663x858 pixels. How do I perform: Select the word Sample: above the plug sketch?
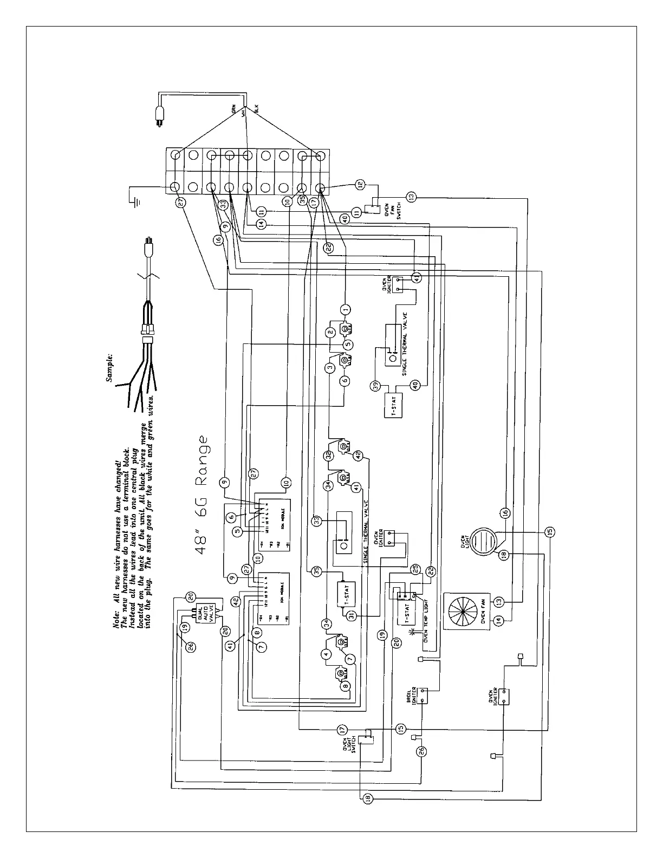110,369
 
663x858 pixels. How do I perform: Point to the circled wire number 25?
415,569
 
